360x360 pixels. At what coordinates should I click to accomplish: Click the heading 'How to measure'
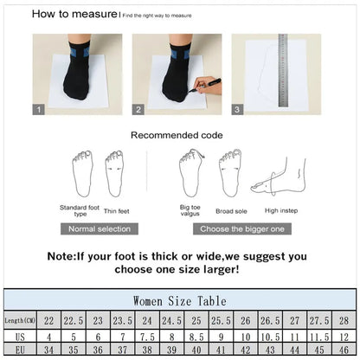pyautogui.click(x=74, y=14)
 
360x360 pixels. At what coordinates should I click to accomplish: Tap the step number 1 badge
pyautogui.click(x=38, y=109)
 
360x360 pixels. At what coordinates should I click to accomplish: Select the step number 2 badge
pyautogui.click(x=137, y=109)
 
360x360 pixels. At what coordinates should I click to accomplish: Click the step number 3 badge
pyautogui.click(x=238, y=109)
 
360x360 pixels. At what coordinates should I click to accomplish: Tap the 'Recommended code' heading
pyautogui.click(x=177, y=135)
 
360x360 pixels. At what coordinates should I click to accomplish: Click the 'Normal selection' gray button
pyautogui.click(x=100, y=228)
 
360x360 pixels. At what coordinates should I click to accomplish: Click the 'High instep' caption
pyautogui.click(x=282, y=210)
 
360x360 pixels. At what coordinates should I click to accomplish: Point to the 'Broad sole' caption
pyautogui.click(x=231, y=210)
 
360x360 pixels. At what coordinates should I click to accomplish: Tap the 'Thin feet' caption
pyautogui.click(x=116, y=210)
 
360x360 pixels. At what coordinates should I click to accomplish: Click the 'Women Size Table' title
pyautogui.click(x=180, y=300)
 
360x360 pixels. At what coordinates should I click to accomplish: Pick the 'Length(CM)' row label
pyautogui.click(x=20, y=320)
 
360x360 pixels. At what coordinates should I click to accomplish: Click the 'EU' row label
pyautogui.click(x=20, y=349)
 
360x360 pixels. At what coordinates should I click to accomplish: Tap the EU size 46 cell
pyautogui.click(x=344, y=349)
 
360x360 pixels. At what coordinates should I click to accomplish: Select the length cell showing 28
pyautogui.click(x=344, y=320)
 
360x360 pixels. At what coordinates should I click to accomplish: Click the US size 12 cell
pyautogui.click(x=344, y=335)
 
